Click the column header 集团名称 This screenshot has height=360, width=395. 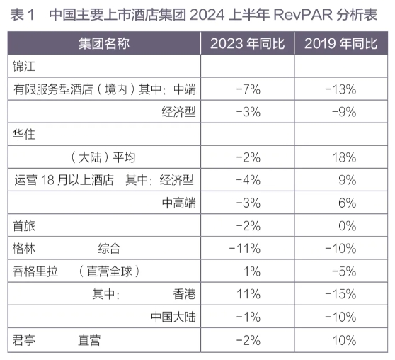[x=104, y=43]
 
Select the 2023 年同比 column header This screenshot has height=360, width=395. [x=247, y=43]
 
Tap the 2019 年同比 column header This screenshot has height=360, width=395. [x=340, y=43]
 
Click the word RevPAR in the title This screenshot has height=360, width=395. [x=303, y=15]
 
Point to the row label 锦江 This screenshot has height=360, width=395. [x=23, y=67]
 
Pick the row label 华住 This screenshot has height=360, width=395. [x=23, y=134]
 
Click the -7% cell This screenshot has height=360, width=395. [x=248, y=89]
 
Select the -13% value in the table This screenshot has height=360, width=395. [x=340, y=89]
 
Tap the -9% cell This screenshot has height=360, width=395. [x=344, y=112]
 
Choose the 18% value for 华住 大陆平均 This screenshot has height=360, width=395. [x=344, y=157]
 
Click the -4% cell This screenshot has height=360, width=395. [x=248, y=180]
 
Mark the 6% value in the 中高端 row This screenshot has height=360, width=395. [x=348, y=203]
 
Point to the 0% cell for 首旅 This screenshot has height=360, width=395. [x=348, y=225]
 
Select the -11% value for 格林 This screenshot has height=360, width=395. [x=245, y=249]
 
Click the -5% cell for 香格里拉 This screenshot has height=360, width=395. [x=344, y=271]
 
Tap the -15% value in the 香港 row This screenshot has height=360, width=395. [x=340, y=294]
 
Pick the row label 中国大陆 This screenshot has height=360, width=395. [x=173, y=317]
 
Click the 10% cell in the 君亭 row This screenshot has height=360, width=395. [x=344, y=340]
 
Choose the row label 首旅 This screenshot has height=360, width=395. [x=23, y=225]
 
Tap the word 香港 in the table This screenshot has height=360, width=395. [x=184, y=294]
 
